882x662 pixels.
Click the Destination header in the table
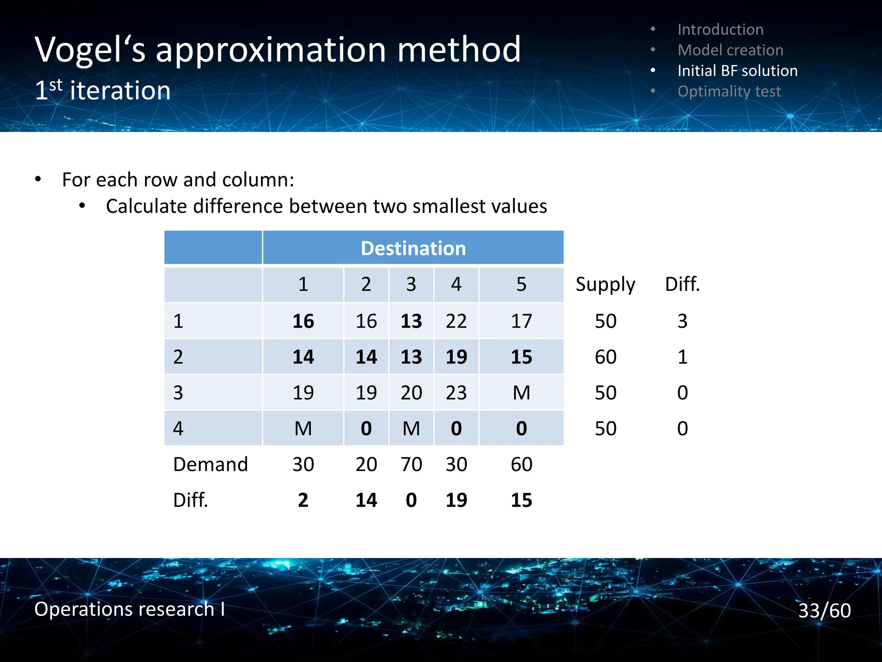pos(413,248)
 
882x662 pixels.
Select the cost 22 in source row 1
pos(456,321)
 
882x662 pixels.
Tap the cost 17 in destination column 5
pos(521,321)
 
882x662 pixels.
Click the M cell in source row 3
pos(521,393)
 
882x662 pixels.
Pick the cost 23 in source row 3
pos(456,393)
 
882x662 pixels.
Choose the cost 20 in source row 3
pos(411,393)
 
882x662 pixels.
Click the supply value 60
pos(605,357)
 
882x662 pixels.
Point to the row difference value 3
pos(682,321)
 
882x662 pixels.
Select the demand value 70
pos(411,464)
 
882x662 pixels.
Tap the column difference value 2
pos(303,500)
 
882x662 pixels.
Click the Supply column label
pos(605,284)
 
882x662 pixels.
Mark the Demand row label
pos(210,464)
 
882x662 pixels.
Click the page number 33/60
pos(824,610)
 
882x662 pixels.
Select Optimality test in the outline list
pos(729,91)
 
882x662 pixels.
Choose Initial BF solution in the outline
pos(737,71)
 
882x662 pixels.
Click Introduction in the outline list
pos(720,29)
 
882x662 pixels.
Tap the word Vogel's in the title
pos(90,50)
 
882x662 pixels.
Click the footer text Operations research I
pos(129,609)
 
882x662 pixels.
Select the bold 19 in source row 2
pos(456,357)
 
